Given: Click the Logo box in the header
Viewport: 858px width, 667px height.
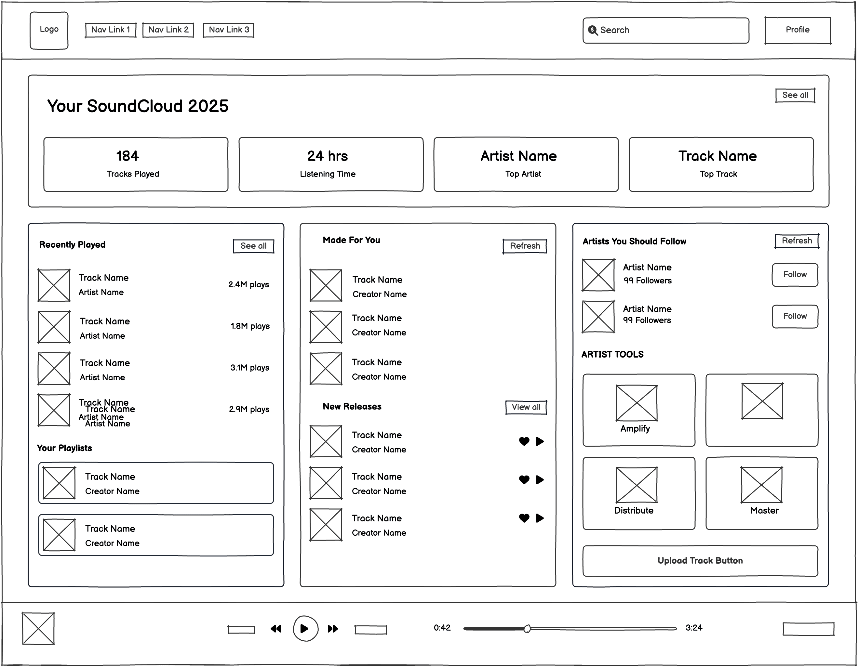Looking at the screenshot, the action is pos(49,30).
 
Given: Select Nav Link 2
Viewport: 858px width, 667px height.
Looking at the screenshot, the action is pos(168,30).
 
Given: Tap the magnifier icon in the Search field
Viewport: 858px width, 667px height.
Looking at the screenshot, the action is pos(592,30).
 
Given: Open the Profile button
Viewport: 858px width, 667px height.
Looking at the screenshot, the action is pos(798,30).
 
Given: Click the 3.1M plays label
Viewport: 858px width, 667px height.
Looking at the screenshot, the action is pos(249,368).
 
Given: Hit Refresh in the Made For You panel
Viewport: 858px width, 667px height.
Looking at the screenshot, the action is pos(525,246).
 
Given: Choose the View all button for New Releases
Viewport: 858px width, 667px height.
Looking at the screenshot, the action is pos(526,407).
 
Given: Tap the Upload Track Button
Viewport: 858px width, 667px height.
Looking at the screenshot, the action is pos(700,561).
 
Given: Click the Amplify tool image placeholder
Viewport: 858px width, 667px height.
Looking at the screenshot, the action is pos(637,403).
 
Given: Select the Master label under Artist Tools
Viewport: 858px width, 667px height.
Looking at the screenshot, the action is pos(764,510).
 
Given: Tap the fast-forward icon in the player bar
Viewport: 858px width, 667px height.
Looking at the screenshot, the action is pos(333,629).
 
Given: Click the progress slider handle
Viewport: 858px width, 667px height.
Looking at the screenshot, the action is pos(527,629).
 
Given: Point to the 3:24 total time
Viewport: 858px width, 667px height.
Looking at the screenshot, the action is pos(694,628).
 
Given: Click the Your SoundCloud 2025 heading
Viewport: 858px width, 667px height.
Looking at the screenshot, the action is pos(138,106).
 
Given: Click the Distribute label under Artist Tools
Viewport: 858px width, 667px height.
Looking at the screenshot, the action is pos(634,510).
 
